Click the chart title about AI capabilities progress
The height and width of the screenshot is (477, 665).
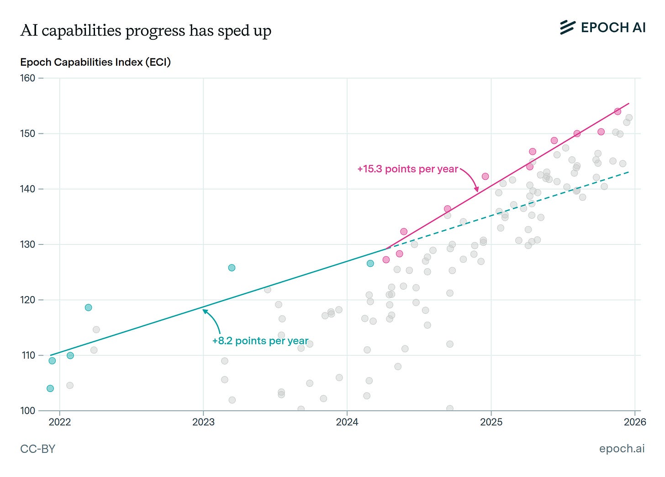(146, 31)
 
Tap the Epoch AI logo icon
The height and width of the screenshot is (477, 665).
(567, 27)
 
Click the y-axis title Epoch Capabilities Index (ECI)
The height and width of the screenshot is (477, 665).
(95, 62)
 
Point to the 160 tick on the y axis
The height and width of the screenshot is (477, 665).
(28, 78)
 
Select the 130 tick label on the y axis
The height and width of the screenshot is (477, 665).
(28, 244)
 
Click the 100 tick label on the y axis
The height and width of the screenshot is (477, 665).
(28, 411)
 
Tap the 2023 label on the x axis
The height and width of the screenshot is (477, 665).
(203, 422)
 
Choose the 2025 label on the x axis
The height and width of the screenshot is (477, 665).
(491, 422)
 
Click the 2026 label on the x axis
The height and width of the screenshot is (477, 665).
(635, 422)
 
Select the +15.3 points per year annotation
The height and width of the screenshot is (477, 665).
(407, 169)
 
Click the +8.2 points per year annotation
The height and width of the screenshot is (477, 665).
(260, 341)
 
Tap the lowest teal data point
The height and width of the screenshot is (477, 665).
(50, 388)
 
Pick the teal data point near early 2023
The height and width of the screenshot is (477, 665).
(232, 268)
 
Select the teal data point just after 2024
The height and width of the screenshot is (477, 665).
(370, 263)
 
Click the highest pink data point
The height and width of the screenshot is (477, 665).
(617, 111)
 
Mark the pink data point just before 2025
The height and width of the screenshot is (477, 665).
(485, 176)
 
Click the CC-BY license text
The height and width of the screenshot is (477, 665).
(38, 449)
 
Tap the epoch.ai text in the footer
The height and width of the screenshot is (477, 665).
(622, 449)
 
